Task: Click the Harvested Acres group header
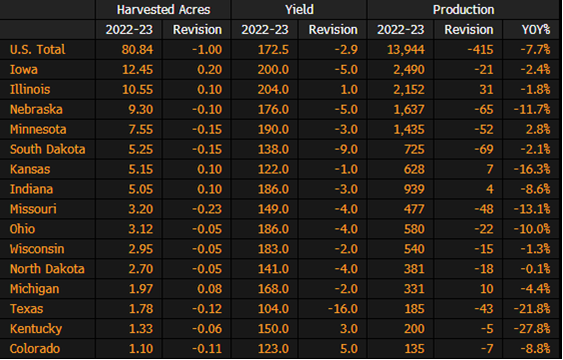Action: click(x=163, y=10)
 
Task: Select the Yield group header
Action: click(x=299, y=10)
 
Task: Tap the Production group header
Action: click(x=463, y=10)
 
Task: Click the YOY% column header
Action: click(x=536, y=30)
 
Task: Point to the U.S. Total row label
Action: click(x=38, y=50)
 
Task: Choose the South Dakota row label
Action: click(x=48, y=150)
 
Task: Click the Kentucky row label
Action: click(x=36, y=329)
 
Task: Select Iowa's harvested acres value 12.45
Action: click(x=138, y=70)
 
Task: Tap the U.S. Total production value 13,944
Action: click(x=406, y=50)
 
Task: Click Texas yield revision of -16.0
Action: click(x=343, y=309)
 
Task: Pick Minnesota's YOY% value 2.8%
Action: click(x=538, y=130)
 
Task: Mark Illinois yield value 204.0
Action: click(x=273, y=90)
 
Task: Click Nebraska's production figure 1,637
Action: click(x=409, y=110)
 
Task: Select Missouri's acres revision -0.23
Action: click(x=207, y=209)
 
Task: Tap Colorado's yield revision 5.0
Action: click(x=349, y=349)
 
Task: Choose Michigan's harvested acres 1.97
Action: click(x=141, y=289)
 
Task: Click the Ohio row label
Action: click(x=22, y=228)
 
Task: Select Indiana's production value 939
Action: click(x=415, y=189)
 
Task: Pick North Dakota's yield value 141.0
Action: click(x=273, y=269)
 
